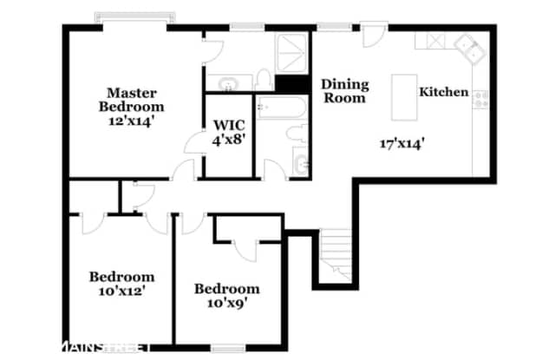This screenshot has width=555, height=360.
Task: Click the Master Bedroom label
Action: (x=131, y=100)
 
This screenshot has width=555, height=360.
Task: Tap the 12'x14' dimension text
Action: (x=131, y=121)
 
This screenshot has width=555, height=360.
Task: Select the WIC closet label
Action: (x=229, y=125)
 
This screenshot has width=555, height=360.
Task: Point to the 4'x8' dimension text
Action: (x=229, y=140)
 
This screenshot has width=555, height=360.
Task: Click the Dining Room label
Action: (x=345, y=91)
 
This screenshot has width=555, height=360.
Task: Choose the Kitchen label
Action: (x=444, y=92)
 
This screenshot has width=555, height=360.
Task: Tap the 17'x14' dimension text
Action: (x=402, y=144)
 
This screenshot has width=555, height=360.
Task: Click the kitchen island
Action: (x=404, y=97)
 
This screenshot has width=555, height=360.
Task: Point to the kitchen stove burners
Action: (x=481, y=100)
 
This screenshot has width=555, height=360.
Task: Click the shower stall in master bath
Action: (x=291, y=54)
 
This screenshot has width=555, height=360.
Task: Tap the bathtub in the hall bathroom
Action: (x=281, y=108)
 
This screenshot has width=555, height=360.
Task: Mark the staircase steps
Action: (x=336, y=255)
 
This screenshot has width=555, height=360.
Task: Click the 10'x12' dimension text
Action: (x=122, y=291)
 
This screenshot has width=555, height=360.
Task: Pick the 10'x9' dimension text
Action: (x=227, y=304)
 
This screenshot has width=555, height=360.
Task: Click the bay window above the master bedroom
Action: (x=135, y=16)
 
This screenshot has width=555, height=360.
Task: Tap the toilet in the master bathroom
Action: (x=263, y=80)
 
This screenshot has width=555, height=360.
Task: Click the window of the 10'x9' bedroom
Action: (x=228, y=348)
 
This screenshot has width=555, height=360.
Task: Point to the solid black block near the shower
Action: (x=293, y=84)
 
